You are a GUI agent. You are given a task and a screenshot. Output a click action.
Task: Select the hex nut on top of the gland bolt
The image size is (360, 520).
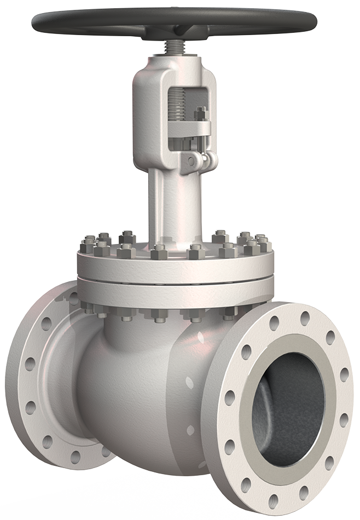(x=200, y=113)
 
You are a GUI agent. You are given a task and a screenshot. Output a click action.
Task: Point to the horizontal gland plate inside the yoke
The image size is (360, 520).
(x=189, y=129)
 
